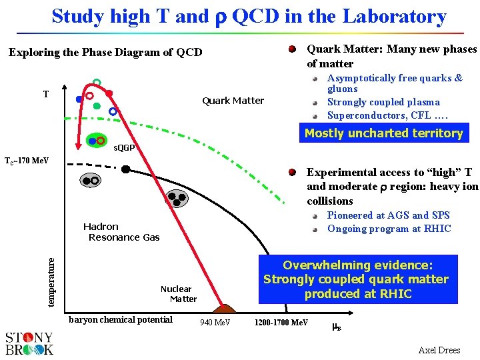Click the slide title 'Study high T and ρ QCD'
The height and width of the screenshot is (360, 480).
click(249, 16)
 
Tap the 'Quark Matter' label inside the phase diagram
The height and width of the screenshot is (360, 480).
click(233, 101)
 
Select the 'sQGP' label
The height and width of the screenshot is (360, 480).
click(124, 147)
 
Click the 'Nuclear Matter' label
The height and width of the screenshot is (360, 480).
click(177, 294)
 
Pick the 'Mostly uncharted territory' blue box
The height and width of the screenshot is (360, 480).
click(383, 133)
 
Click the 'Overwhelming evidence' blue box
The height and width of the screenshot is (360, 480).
click(356, 279)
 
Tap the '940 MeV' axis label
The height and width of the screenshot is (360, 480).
click(215, 323)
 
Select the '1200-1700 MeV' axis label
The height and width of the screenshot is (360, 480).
click(281, 323)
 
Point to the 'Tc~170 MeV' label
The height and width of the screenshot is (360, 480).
click(27, 161)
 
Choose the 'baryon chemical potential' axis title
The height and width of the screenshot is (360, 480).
click(121, 319)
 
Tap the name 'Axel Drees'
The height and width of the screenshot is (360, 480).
click(439, 350)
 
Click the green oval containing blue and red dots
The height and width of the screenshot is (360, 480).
click(96, 141)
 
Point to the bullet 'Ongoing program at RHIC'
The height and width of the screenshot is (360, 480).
click(389, 229)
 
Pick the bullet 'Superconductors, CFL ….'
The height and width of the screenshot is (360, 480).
click(387, 115)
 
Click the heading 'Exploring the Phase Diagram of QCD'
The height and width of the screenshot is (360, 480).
click(105, 52)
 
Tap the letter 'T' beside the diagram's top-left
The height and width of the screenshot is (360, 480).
click(46, 94)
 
